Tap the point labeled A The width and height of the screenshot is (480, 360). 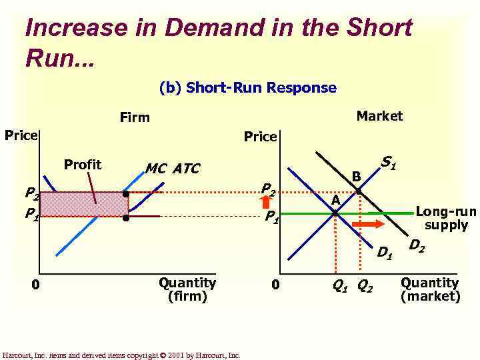[335, 213]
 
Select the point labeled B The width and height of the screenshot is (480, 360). [359, 191]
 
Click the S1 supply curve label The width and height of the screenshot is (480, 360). [388, 162]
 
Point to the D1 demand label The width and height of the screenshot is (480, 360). [384, 252]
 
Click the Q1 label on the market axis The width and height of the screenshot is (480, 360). [340, 287]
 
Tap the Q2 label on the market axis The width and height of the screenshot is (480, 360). [365, 287]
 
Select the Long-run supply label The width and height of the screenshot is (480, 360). [446, 219]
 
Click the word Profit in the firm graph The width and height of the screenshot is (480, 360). [82, 165]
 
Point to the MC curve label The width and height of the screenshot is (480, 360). [156, 169]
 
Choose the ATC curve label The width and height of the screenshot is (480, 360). [186, 169]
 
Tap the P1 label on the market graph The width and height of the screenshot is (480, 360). [272, 217]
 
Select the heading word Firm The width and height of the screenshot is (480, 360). [135, 118]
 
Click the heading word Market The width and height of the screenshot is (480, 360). [379, 116]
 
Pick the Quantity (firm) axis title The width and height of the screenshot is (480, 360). [187, 289]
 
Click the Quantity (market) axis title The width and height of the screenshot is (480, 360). [430, 289]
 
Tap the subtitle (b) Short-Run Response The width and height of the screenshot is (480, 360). [248, 88]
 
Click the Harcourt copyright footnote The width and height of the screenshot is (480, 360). [121, 355]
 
